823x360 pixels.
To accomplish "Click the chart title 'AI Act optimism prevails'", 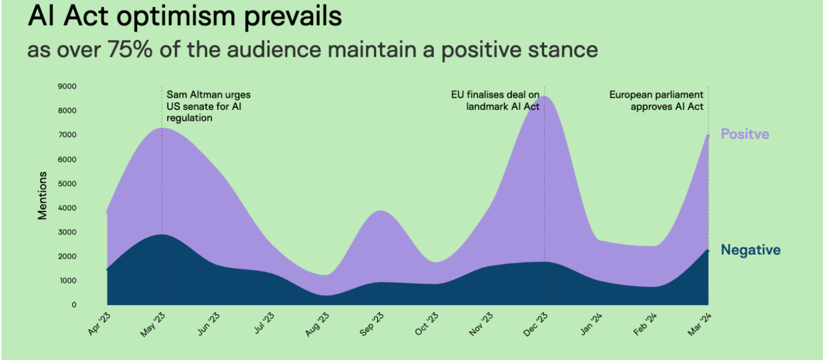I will (x=185, y=17).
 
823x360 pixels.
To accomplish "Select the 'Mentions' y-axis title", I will (x=42, y=195).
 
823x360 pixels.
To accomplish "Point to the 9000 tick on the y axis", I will (x=67, y=87).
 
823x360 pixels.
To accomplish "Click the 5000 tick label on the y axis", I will (x=67, y=184).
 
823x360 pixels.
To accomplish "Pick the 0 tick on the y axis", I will (x=74, y=305).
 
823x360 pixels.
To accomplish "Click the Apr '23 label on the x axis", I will (x=99, y=323).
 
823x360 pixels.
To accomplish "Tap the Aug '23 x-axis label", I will (x=317, y=324).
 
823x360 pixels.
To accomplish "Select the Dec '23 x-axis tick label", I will (x=535, y=324).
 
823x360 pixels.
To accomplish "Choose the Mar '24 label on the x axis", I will (x=699, y=324).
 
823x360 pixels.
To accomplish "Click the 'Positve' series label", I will (x=745, y=134).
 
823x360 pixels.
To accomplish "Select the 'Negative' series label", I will (x=750, y=250).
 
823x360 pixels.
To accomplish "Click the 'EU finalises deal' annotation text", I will (x=495, y=101).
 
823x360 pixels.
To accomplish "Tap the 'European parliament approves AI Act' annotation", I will (x=656, y=101).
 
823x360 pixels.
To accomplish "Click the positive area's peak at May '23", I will (x=162, y=128).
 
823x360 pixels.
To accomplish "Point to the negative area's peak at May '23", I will (x=162, y=235).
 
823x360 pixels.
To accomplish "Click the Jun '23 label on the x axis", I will (x=209, y=324).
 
